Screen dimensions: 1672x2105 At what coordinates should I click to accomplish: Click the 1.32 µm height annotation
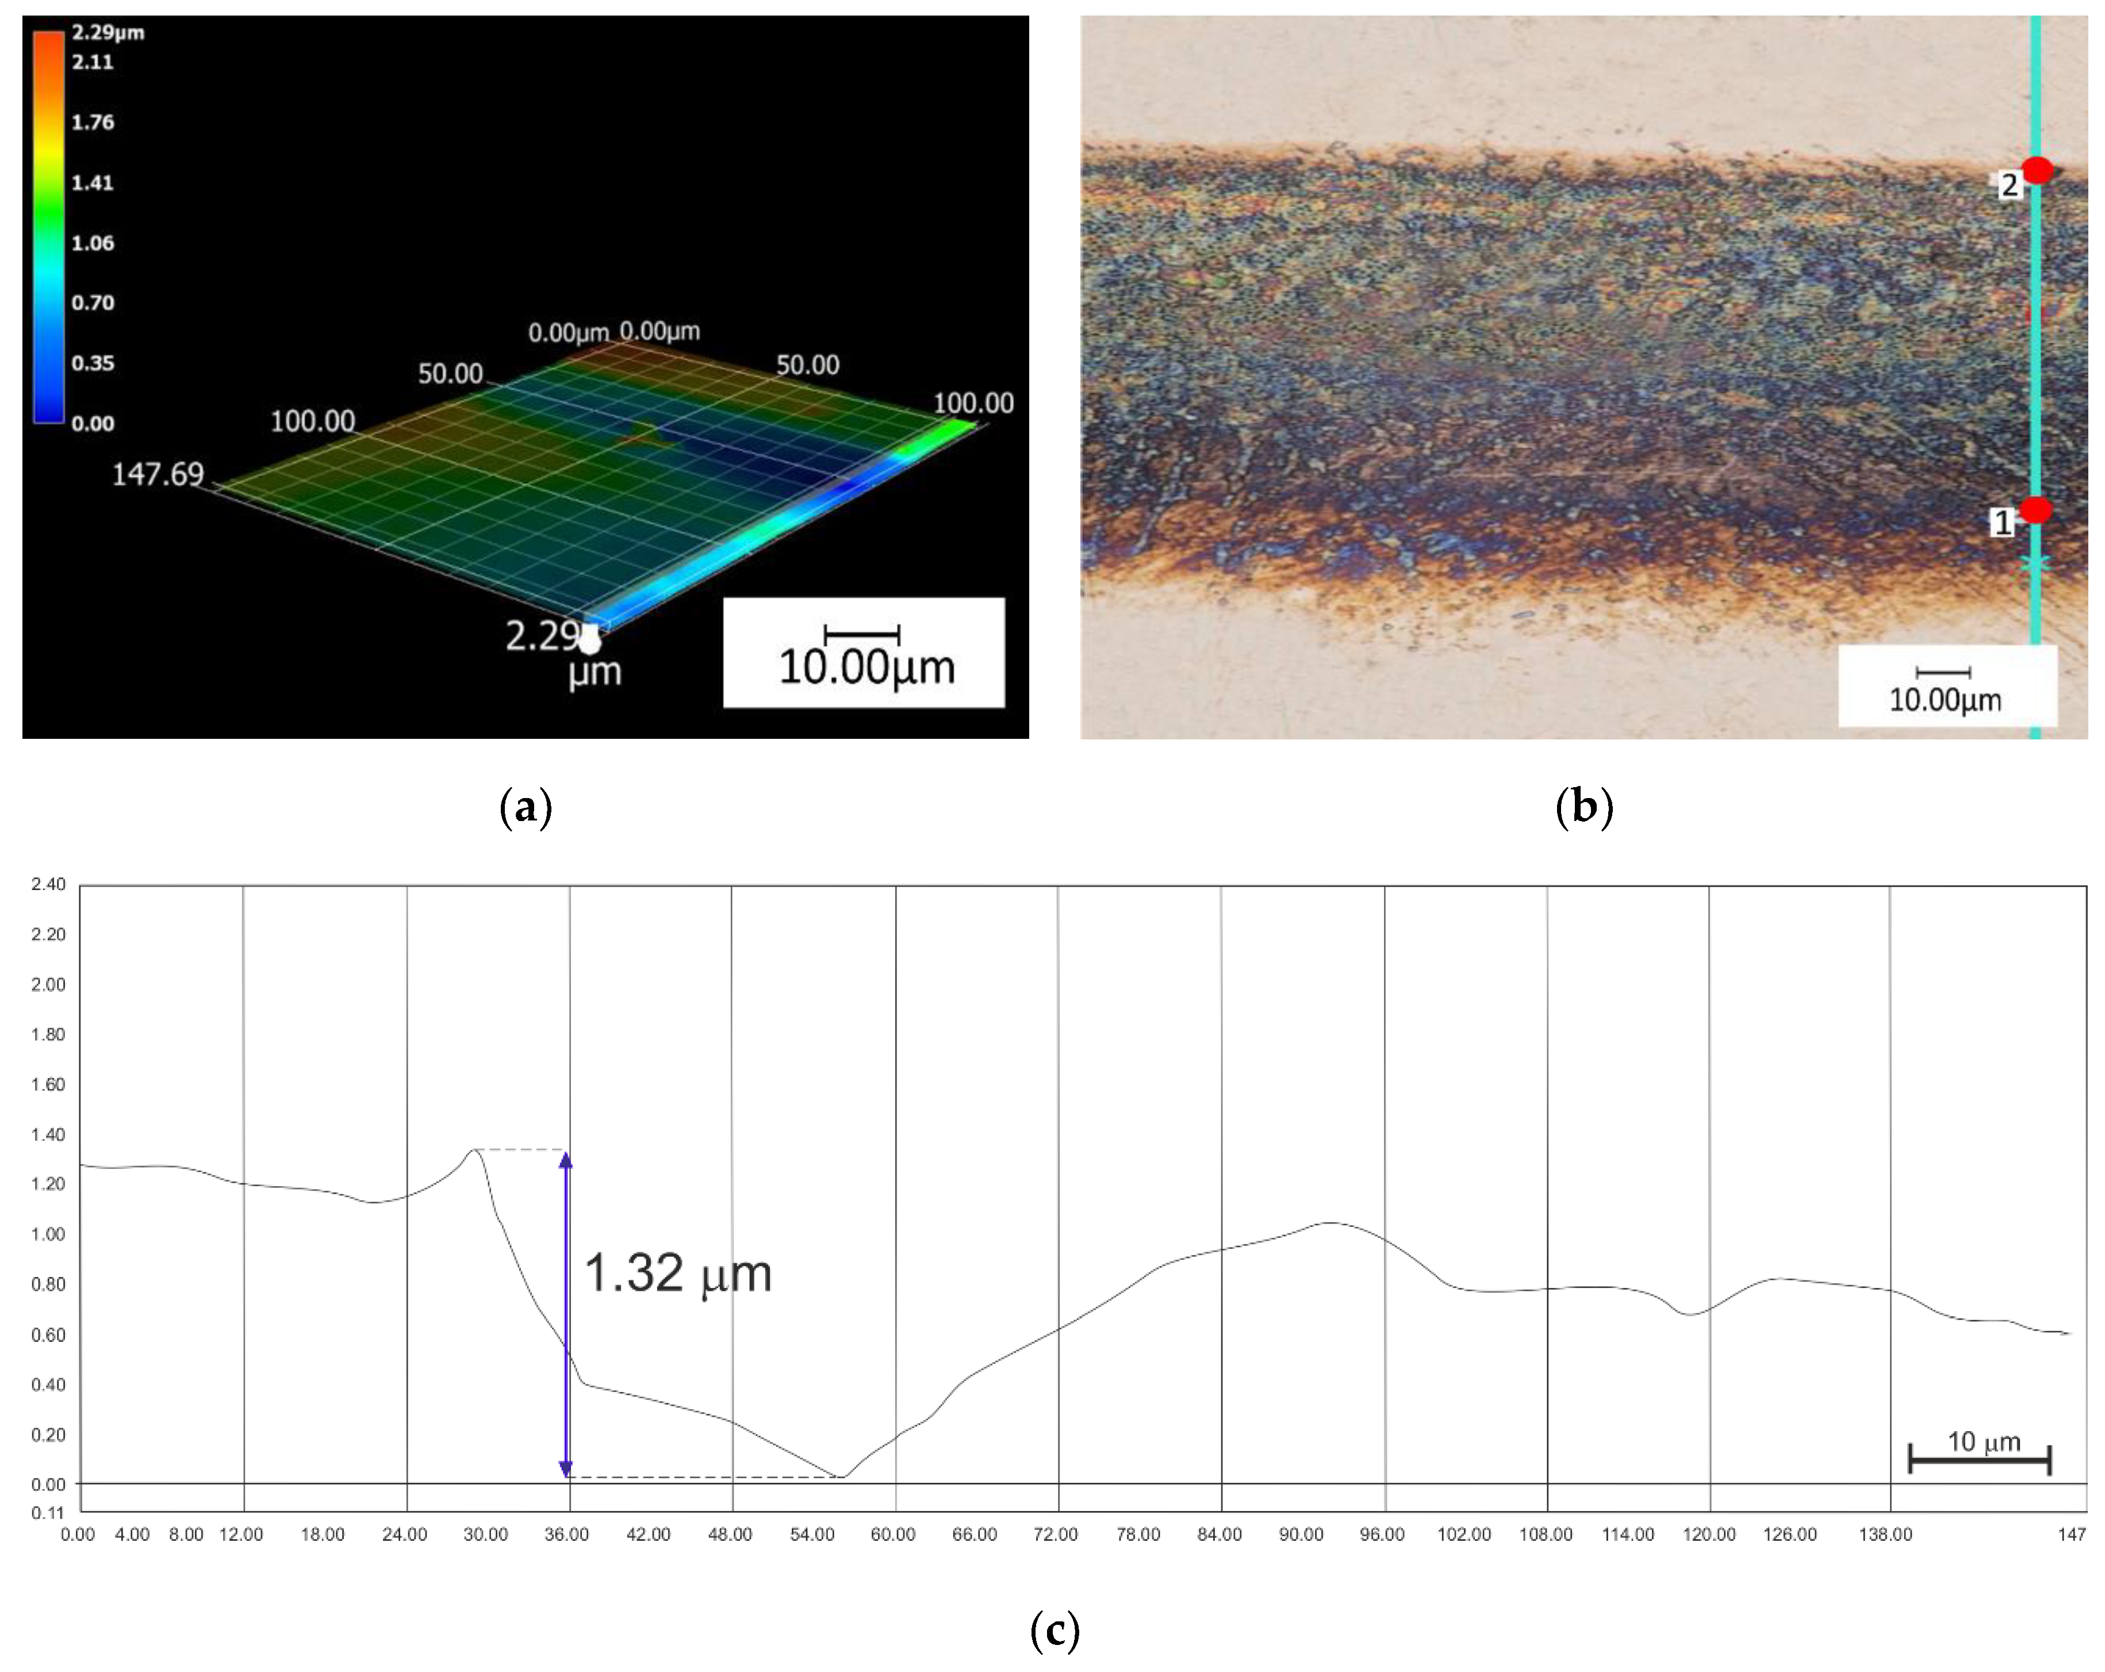677,1273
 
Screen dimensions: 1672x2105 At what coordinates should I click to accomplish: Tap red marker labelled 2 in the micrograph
2037,171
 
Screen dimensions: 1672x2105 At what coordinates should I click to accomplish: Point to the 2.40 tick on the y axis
48,884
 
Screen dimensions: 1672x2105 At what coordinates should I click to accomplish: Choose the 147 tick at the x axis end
2072,1535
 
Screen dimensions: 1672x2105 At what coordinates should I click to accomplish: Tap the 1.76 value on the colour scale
93,122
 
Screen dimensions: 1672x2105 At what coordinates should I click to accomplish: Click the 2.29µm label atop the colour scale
108,32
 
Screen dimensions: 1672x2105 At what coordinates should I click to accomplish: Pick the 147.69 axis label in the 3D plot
157,474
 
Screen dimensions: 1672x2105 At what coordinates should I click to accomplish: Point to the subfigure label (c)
1055,1630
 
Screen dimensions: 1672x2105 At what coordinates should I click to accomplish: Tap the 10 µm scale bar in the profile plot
1979,1459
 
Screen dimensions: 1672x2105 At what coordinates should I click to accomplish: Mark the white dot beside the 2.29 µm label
590,641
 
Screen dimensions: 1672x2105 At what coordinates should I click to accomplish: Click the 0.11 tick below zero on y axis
48,1513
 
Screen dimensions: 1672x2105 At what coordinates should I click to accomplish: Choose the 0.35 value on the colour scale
93,363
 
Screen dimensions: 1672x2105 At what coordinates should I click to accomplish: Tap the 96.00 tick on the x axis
1382,1535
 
